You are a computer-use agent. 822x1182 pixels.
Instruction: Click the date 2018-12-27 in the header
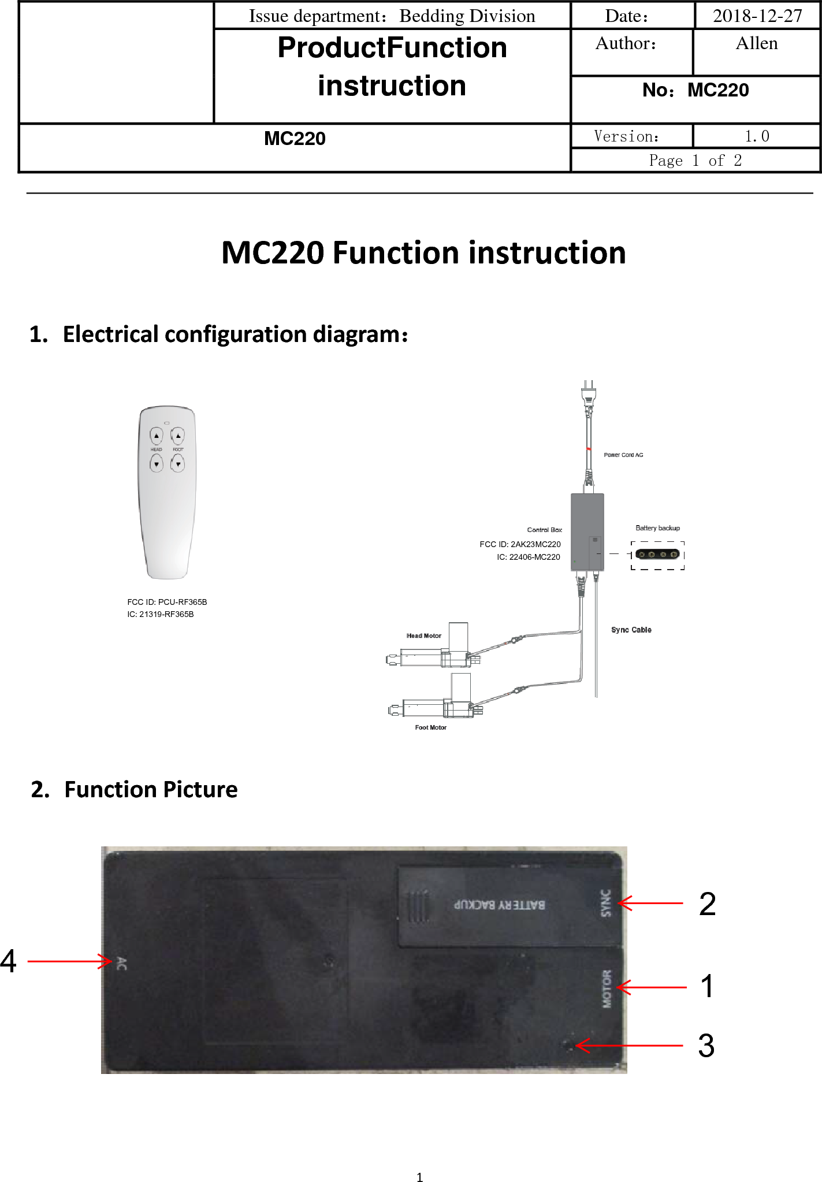757,16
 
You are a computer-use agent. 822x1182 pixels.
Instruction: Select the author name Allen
756,44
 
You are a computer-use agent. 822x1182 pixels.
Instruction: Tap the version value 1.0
756,136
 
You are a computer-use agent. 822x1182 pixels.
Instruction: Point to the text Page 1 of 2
695,161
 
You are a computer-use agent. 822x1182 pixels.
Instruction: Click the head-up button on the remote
157,436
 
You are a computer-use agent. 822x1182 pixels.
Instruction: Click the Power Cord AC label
623,455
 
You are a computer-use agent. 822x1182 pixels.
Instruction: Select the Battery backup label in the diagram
657,528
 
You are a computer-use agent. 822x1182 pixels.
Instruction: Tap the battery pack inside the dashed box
657,555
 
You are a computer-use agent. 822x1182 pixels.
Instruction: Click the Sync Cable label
631,630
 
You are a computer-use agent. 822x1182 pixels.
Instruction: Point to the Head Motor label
423,635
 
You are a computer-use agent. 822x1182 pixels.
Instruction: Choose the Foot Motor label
430,727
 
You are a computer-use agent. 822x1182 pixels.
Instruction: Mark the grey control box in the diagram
587,531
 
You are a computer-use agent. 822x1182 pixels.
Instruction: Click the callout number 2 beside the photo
707,904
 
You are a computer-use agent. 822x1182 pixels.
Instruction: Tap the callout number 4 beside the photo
9,961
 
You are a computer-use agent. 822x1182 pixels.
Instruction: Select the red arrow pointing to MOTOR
652,987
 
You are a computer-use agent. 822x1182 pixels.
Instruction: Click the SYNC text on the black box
605,903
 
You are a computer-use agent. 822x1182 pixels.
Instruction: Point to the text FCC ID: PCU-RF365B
167,602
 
